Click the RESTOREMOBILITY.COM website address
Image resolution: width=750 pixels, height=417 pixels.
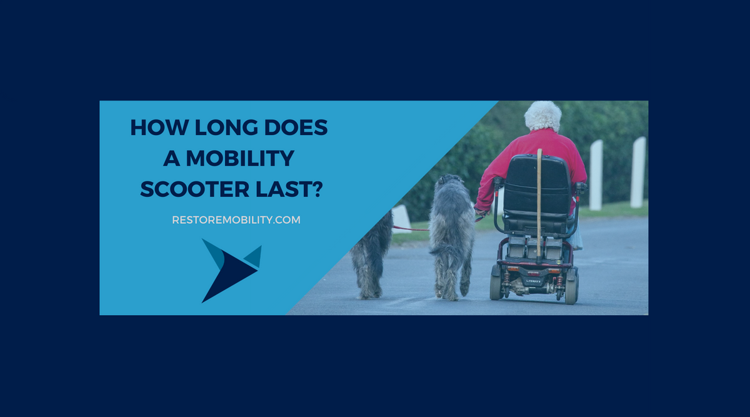236,220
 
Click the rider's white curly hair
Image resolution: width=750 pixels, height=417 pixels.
542,116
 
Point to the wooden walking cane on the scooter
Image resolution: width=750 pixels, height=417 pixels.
539,200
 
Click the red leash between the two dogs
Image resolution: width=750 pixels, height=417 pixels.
410,229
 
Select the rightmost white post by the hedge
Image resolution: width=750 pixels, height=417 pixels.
638,172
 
